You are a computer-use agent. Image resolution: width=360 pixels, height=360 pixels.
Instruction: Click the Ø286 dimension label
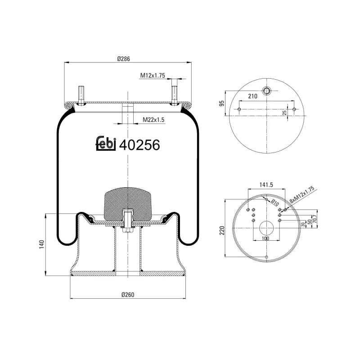124,58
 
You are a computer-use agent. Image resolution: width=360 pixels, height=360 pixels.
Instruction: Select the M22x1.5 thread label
154,120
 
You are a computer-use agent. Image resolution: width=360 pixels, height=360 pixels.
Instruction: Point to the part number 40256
140,144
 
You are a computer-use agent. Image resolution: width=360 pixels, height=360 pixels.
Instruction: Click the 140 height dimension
42,245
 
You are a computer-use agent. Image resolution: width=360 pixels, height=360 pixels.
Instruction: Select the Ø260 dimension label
128,295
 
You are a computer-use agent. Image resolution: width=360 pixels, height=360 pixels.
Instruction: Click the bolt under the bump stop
128,223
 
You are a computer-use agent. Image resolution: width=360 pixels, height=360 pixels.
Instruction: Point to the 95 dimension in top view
221,104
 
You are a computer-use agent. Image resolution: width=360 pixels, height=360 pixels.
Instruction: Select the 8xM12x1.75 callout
303,194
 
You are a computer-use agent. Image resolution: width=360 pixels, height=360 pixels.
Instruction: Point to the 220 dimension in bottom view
221,230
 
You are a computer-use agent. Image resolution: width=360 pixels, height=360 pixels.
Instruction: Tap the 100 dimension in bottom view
265,238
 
